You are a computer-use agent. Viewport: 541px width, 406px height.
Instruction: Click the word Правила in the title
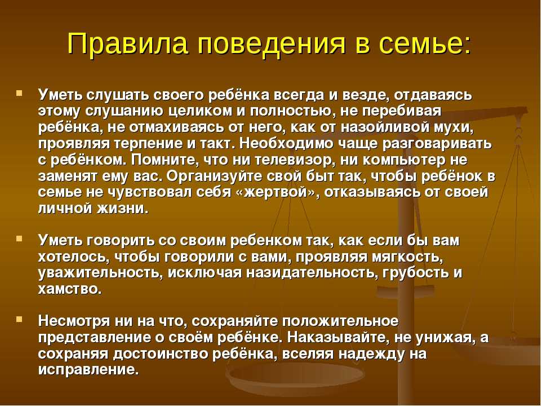click(127, 43)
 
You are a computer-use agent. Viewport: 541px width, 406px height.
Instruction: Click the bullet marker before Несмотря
click(19, 319)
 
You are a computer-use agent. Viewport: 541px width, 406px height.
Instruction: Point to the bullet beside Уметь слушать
click(19, 93)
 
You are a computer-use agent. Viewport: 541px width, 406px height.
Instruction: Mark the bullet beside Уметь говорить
click(19, 238)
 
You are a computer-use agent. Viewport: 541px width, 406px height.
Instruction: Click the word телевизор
click(295, 160)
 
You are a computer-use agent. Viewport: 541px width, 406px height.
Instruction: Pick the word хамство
click(70, 289)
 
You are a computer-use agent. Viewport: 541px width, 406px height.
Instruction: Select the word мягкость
click(408, 257)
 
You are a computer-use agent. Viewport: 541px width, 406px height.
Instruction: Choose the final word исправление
click(88, 370)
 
